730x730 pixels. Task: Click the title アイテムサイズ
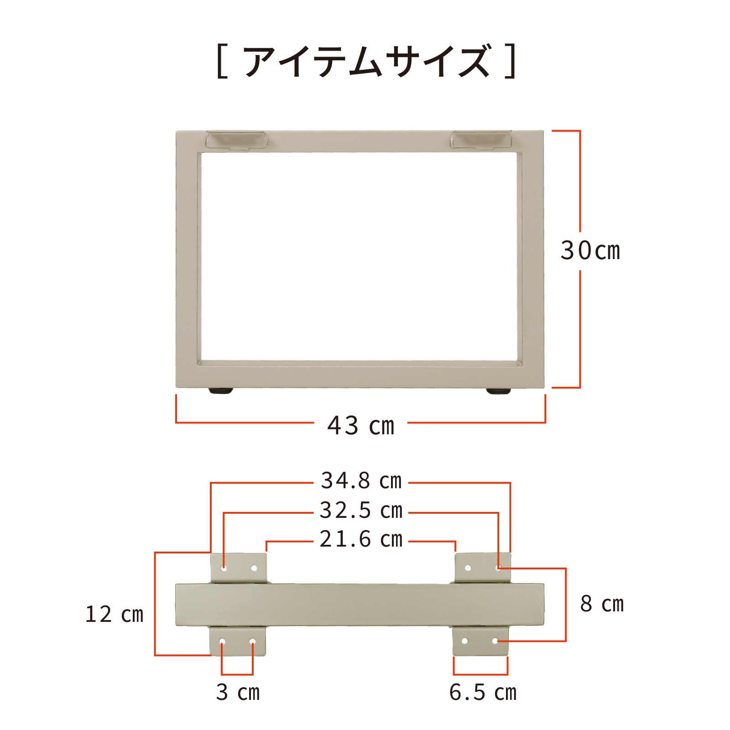[367, 61]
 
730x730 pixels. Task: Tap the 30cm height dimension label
[590, 251]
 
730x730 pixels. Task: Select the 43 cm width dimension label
[360, 426]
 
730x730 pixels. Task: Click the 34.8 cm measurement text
[361, 481]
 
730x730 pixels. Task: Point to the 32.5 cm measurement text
[361, 511]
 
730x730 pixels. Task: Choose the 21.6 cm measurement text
[361, 539]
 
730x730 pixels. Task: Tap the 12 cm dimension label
[114, 614]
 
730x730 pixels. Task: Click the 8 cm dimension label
[601, 604]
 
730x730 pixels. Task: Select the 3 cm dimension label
[238, 692]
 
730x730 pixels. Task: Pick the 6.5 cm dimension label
[483, 692]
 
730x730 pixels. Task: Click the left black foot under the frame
[221, 391]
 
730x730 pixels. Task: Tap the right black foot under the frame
[498, 391]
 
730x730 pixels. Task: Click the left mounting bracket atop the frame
[235, 140]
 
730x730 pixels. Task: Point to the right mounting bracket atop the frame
[480, 140]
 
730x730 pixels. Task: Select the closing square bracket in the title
[511, 61]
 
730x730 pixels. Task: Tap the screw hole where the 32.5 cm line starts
[224, 568]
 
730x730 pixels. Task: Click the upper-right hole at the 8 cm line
[498, 568]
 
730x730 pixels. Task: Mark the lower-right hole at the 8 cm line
[495, 641]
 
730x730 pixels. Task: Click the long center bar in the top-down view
[360, 605]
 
